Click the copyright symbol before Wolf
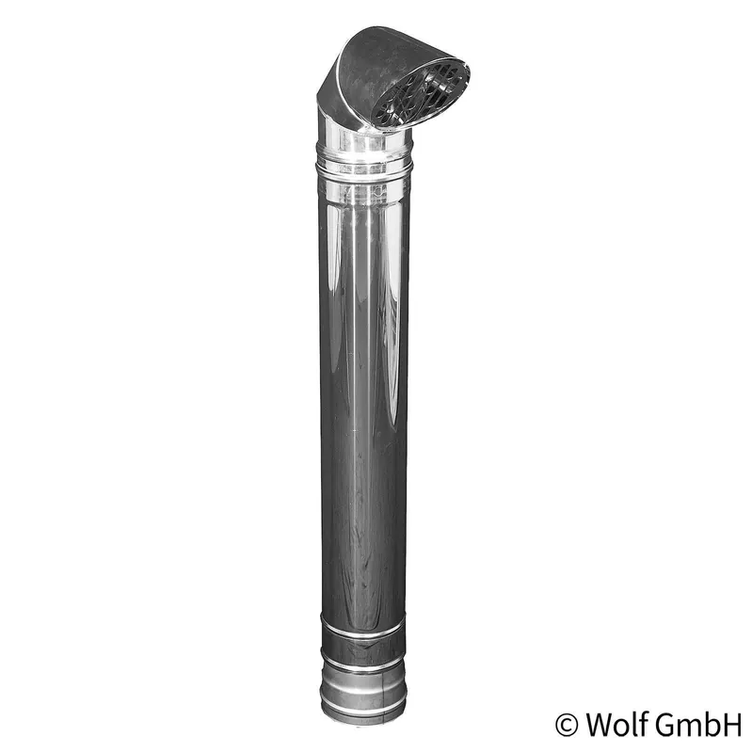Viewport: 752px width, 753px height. click(x=567, y=725)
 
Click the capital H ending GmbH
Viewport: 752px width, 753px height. click(x=734, y=725)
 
